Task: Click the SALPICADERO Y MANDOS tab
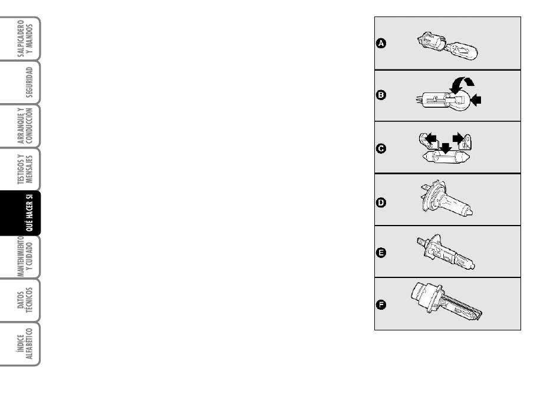click(x=21, y=38)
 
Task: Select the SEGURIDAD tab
click(x=21, y=82)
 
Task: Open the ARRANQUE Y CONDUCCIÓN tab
click(x=21, y=126)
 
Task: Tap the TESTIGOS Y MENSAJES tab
click(x=21, y=170)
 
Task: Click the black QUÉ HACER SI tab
click(x=21, y=213)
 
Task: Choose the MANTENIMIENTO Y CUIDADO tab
click(x=21, y=257)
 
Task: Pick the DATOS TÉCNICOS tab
click(x=21, y=300)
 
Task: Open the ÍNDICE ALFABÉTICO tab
click(x=21, y=344)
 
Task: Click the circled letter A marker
click(x=381, y=44)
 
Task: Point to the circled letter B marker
click(x=381, y=95)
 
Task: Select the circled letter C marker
click(x=381, y=148)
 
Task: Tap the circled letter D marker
click(x=381, y=203)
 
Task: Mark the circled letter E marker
click(x=381, y=253)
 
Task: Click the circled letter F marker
click(x=381, y=305)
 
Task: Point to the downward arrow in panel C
click(x=446, y=148)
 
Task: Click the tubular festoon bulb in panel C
click(x=446, y=157)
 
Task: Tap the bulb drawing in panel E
click(x=446, y=252)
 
